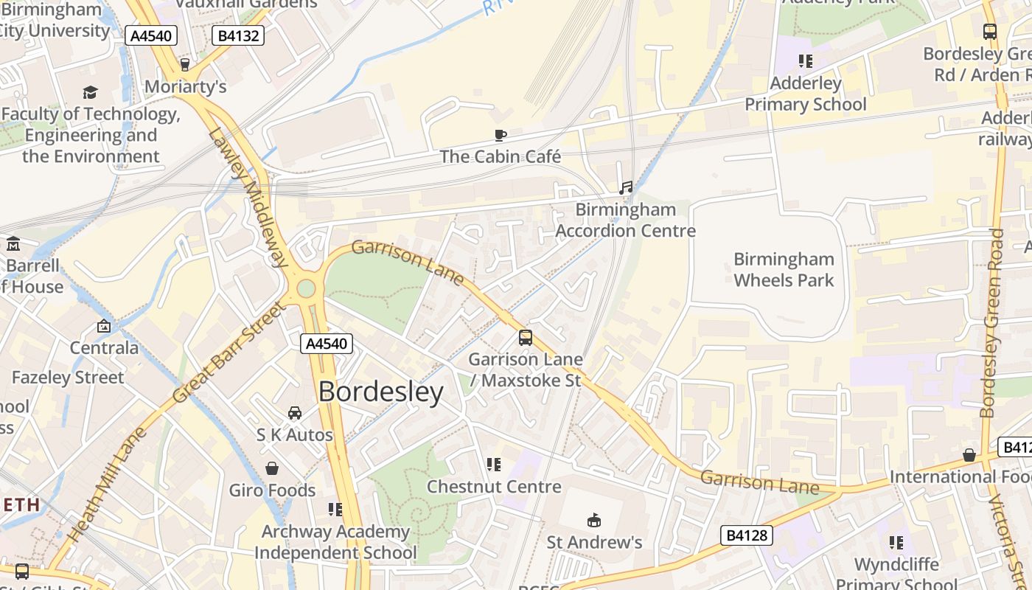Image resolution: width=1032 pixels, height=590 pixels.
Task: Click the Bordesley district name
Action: (380, 392)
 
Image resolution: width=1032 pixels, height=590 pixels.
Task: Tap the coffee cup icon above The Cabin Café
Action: (501, 135)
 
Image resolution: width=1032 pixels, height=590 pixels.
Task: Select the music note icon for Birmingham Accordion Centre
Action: (626, 188)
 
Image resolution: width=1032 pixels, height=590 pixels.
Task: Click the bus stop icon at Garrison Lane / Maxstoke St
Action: (525, 338)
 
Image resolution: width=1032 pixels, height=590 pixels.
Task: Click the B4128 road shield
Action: (746, 535)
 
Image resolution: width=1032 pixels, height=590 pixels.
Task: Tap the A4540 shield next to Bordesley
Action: (327, 344)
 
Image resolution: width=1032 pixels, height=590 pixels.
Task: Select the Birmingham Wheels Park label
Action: (784, 270)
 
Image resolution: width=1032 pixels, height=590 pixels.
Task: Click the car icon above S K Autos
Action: (295, 412)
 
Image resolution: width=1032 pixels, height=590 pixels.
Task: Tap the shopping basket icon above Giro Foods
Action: (272, 468)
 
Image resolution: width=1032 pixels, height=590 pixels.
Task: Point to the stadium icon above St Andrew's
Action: (594, 521)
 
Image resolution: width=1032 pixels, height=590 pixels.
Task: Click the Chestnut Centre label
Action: (494, 487)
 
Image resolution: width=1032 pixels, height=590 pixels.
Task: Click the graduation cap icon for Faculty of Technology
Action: (90, 92)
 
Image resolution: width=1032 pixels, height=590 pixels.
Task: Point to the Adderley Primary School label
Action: (805, 94)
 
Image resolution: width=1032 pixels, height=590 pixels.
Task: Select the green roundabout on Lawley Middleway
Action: (306, 288)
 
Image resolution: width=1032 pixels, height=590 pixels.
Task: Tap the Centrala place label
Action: (104, 347)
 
